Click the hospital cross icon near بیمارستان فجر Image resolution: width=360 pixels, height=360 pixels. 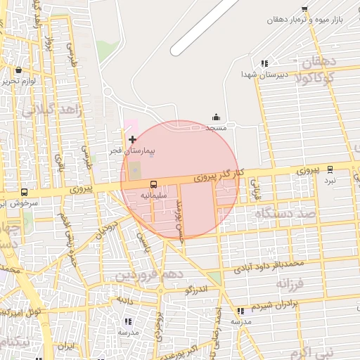pos(132,140)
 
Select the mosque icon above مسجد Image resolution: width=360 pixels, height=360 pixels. pos(216,117)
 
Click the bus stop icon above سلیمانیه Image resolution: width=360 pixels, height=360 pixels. pos(153,184)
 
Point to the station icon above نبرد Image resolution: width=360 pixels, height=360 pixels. pos(330,169)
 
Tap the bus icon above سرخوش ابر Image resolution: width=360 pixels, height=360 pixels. pos(25,192)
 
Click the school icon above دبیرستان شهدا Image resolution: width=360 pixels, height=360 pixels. pos(264,63)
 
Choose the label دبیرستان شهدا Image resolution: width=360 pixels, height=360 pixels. pos(264,74)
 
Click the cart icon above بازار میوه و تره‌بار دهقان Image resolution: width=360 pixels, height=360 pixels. pos(304,9)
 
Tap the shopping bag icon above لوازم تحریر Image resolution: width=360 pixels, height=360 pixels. pos(18,70)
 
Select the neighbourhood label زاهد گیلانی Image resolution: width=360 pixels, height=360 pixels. pos(53,111)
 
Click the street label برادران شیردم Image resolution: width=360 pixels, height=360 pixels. pos(279,303)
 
